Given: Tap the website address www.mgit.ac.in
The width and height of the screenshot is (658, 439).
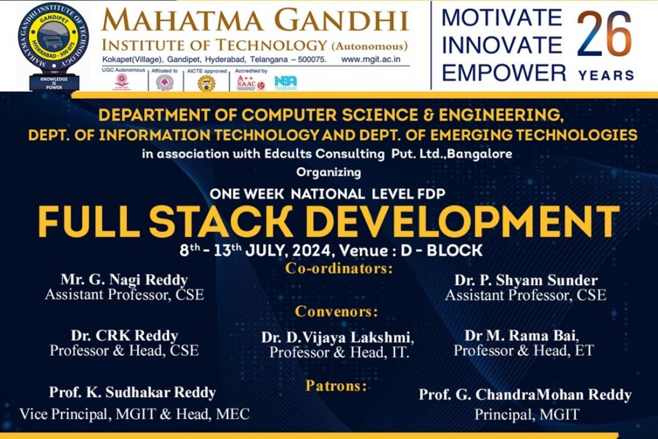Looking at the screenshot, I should [375, 59].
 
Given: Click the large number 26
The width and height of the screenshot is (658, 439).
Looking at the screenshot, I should [605, 37].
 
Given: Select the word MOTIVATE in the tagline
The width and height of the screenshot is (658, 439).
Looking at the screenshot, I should [501, 17].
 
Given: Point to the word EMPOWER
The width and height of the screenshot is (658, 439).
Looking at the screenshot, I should [503, 73].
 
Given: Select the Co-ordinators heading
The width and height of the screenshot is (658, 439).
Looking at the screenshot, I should [338, 268].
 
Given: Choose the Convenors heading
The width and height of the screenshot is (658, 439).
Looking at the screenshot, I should [336, 312].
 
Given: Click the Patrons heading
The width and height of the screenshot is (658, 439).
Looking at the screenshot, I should [336, 386].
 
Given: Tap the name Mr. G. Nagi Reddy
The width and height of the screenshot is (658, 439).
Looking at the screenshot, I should [124, 280].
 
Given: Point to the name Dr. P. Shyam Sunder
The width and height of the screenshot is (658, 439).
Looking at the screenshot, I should [526, 280].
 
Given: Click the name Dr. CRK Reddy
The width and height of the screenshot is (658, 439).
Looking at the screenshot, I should [124, 336].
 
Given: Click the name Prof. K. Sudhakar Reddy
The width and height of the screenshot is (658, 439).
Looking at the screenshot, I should [132, 392].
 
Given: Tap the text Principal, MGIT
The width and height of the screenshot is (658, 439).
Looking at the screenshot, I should [526, 415].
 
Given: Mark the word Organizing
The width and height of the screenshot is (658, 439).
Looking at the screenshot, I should [328, 172].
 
